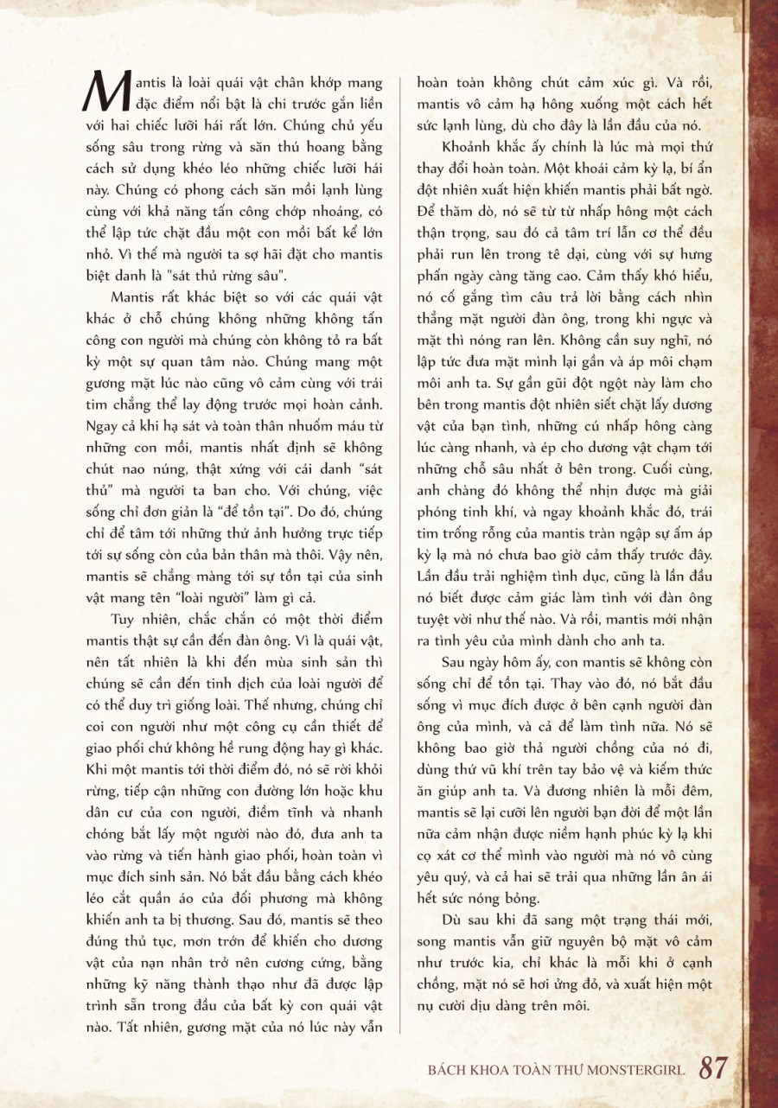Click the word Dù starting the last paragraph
450,918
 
